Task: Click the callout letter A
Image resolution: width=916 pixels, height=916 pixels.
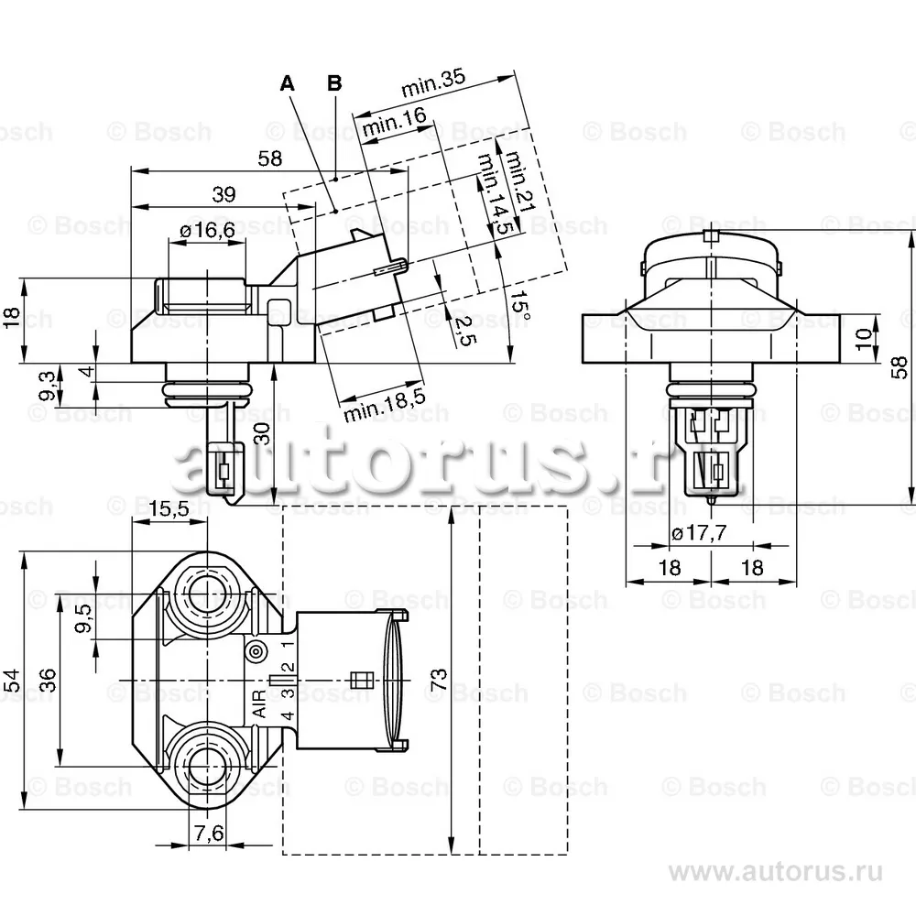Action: pos(288,83)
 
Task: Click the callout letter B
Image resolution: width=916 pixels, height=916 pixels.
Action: pos(334,83)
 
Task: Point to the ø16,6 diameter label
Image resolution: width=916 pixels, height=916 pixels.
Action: pos(208,231)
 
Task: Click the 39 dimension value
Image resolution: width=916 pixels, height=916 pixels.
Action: pos(224,194)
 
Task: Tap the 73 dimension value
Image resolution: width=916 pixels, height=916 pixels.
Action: pos(438,679)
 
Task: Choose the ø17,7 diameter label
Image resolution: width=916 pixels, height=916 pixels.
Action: pos(698,534)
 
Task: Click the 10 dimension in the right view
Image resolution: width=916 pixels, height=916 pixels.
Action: pos(862,338)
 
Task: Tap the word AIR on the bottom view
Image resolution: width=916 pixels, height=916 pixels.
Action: pos(259,703)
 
